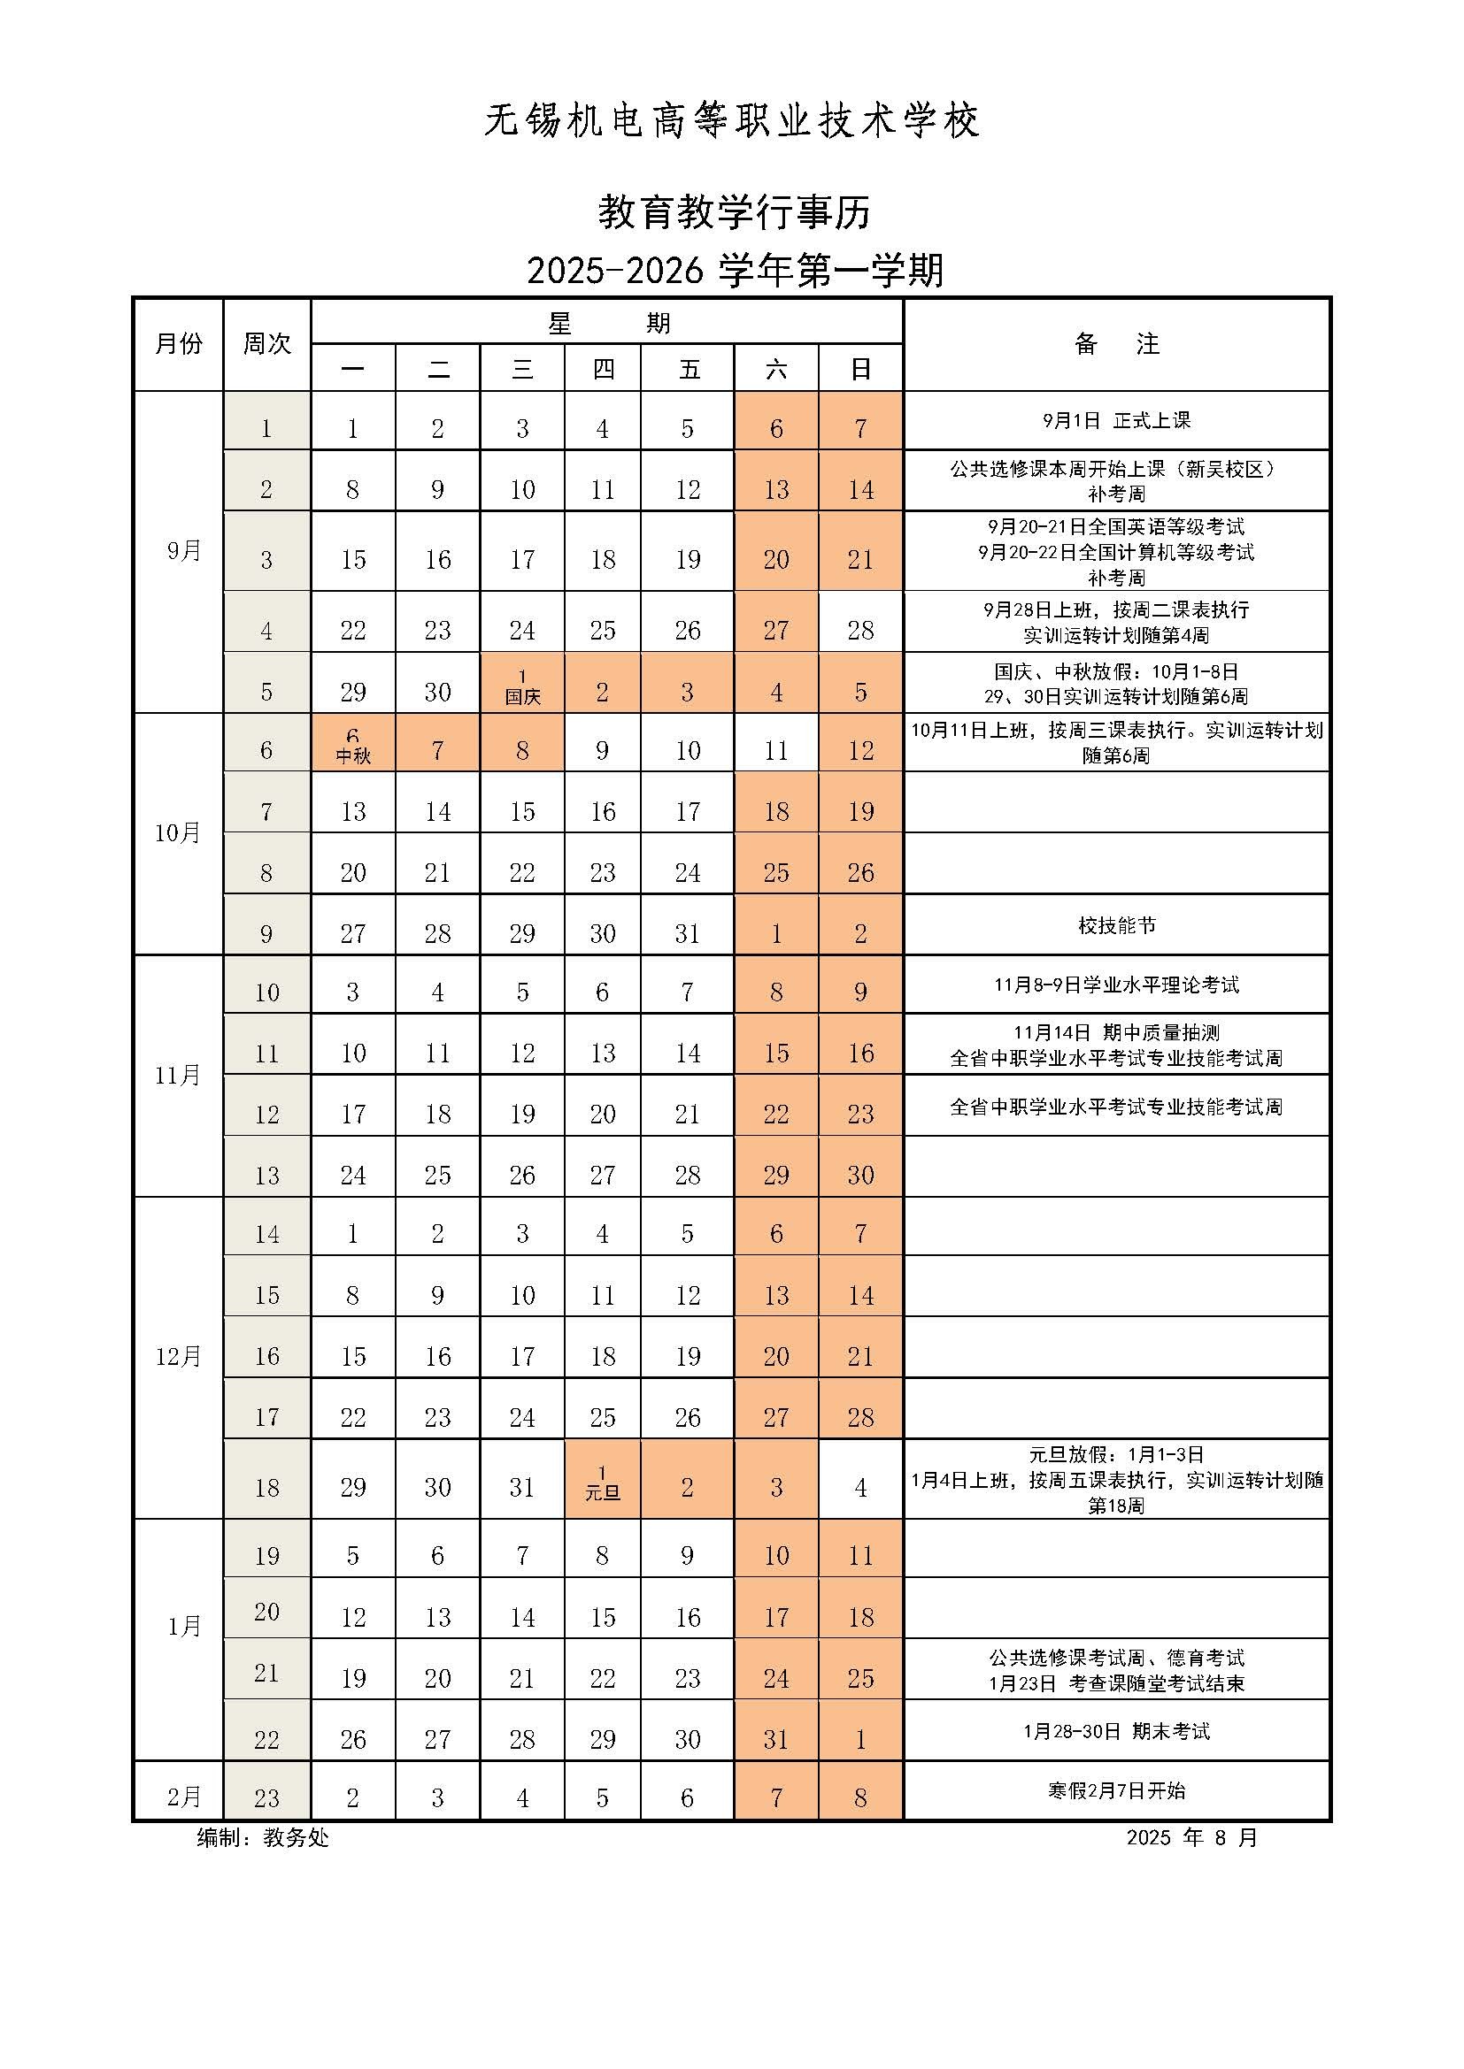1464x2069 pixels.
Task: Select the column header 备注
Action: pos(1116,344)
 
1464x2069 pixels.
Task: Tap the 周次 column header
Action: pos(266,344)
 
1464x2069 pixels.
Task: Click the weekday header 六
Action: pos(775,369)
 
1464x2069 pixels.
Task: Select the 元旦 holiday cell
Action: pos(602,1483)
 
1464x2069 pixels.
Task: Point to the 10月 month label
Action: pos(178,833)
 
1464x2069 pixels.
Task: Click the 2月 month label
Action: pos(184,1797)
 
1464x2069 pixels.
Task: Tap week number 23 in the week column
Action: pos(266,1797)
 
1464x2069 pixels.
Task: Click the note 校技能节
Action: pos(1116,925)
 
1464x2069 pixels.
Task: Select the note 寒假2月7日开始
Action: pos(1116,1790)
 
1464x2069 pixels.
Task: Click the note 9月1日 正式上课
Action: pos(1116,421)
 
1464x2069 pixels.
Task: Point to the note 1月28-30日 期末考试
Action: pos(1116,1731)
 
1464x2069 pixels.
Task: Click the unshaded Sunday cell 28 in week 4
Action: pos(860,630)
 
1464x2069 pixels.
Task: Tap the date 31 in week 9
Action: pos(687,933)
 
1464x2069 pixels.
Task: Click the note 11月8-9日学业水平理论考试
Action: pos(1116,985)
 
